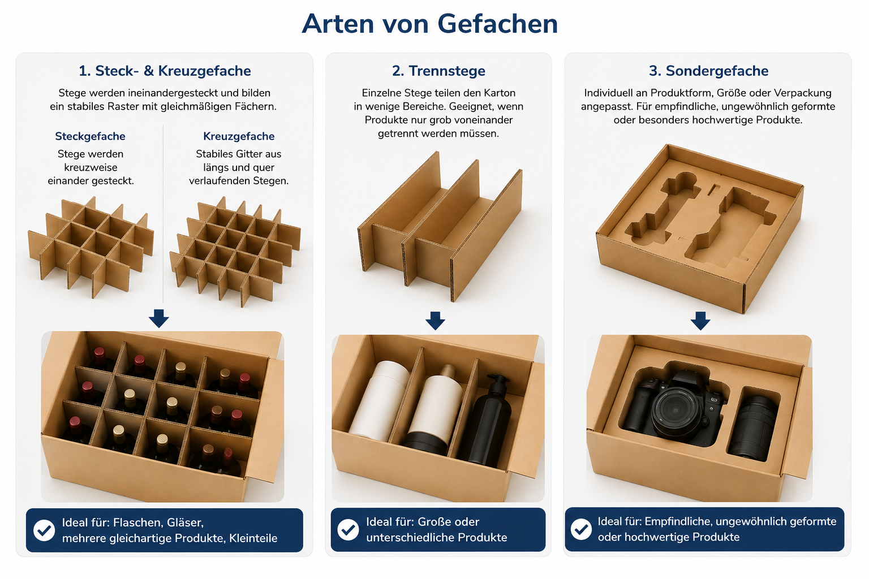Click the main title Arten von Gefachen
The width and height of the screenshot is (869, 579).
click(x=429, y=24)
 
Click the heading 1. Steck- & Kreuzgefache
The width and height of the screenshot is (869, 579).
click(x=165, y=71)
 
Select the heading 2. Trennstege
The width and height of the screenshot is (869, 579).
click(x=438, y=71)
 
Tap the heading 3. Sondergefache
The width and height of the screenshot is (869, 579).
click(x=708, y=71)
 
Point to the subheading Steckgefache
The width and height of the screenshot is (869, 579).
click(x=90, y=136)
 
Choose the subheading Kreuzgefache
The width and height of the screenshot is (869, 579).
click(x=239, y=136)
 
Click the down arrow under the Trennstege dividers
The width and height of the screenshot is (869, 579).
click(x=435, y=321)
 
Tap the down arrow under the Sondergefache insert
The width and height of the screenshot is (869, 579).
click(x=700, y=321)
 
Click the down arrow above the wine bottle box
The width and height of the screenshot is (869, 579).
click(x=159, y=318)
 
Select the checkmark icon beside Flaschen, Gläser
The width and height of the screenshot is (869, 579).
click(x=44, y=530)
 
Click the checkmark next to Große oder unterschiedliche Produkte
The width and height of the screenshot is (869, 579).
click(x=348, y=530)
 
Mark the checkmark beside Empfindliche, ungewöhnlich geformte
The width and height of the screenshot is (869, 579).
click(x=581, y=529)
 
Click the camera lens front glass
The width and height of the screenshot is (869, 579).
click(x=676, y=409)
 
